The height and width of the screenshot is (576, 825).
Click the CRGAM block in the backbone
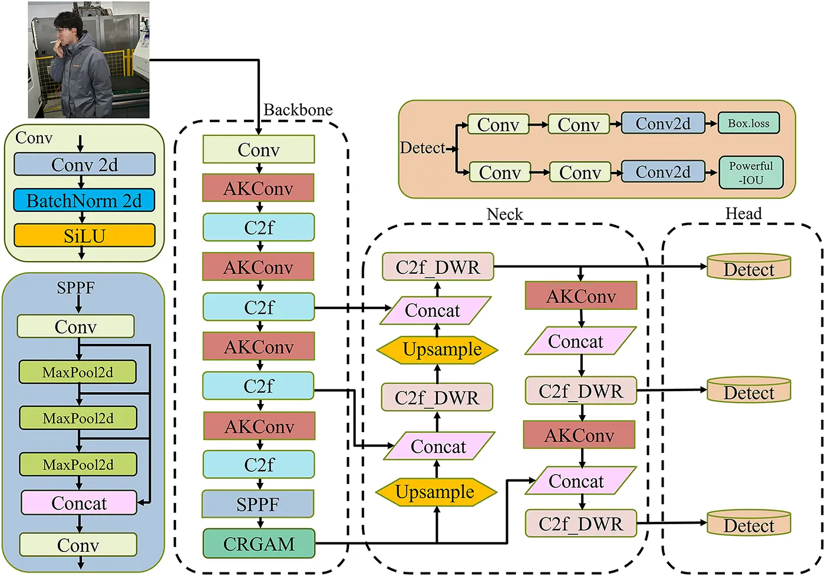tap(259, 544)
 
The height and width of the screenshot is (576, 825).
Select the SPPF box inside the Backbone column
tap(258, 504)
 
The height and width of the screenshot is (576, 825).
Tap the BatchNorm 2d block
tap(84, 201)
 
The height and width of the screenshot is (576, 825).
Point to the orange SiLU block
tap(84, 236)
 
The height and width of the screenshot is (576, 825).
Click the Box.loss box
tap(748, 124)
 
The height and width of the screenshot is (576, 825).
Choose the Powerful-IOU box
tap(751, 173)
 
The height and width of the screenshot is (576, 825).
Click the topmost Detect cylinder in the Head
tap(748, 268)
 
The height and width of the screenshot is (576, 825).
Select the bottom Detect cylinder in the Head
tap(748, 524)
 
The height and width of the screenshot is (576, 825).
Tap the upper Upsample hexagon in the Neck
tap(437, 349)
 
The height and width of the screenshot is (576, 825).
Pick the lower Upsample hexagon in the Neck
tap(435, 492)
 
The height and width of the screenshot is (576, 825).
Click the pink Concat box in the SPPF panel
tap(79, 503)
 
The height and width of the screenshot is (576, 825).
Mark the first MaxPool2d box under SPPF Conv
tap(78, 372)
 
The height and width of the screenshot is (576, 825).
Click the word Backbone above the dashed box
tap(298, 110)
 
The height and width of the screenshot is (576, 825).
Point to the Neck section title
tap(504, 214)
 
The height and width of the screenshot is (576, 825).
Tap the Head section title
tap(743, 214)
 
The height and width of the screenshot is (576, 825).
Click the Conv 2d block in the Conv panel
tap(84, 165)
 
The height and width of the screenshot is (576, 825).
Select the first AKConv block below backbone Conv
tap(258, 188)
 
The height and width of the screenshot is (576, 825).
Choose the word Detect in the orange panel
tap(422, 148)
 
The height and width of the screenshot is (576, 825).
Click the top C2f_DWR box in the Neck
tap(437, 267)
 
